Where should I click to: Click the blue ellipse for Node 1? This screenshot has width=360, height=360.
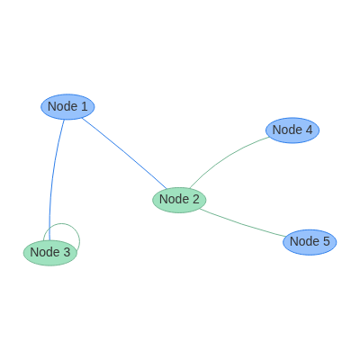[x=67, y=107]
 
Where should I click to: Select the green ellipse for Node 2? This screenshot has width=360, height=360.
[x=179, y=200]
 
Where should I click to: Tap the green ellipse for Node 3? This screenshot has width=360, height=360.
[x=50, y=253]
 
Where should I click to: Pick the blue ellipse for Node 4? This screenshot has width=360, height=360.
[x=292, y=130]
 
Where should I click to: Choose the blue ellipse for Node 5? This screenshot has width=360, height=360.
[x=310, y=242]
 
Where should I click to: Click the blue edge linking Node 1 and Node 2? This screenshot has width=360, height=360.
[x=124, y=154]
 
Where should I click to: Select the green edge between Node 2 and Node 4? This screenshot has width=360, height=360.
[x=226, y=158]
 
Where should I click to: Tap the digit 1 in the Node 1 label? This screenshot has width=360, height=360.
[x=84, y=106]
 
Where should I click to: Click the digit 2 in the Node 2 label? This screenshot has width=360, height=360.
[x=195, y=199]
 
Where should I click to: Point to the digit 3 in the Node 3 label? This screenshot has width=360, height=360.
[x=67, y=252]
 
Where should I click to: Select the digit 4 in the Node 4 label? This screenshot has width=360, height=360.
[x=309, y=130]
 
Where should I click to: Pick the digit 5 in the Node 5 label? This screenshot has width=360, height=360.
[x=326, y=241]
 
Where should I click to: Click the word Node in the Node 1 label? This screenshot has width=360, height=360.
[x=62, y=106]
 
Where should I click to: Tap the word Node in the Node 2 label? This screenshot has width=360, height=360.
[x=174, y=199]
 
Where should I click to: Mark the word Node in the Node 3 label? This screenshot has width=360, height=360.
[x=45, y=252]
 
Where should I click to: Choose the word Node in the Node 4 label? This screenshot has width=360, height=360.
[x=287, y=130]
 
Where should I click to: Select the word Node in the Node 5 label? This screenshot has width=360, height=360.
[x=304, y=241]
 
